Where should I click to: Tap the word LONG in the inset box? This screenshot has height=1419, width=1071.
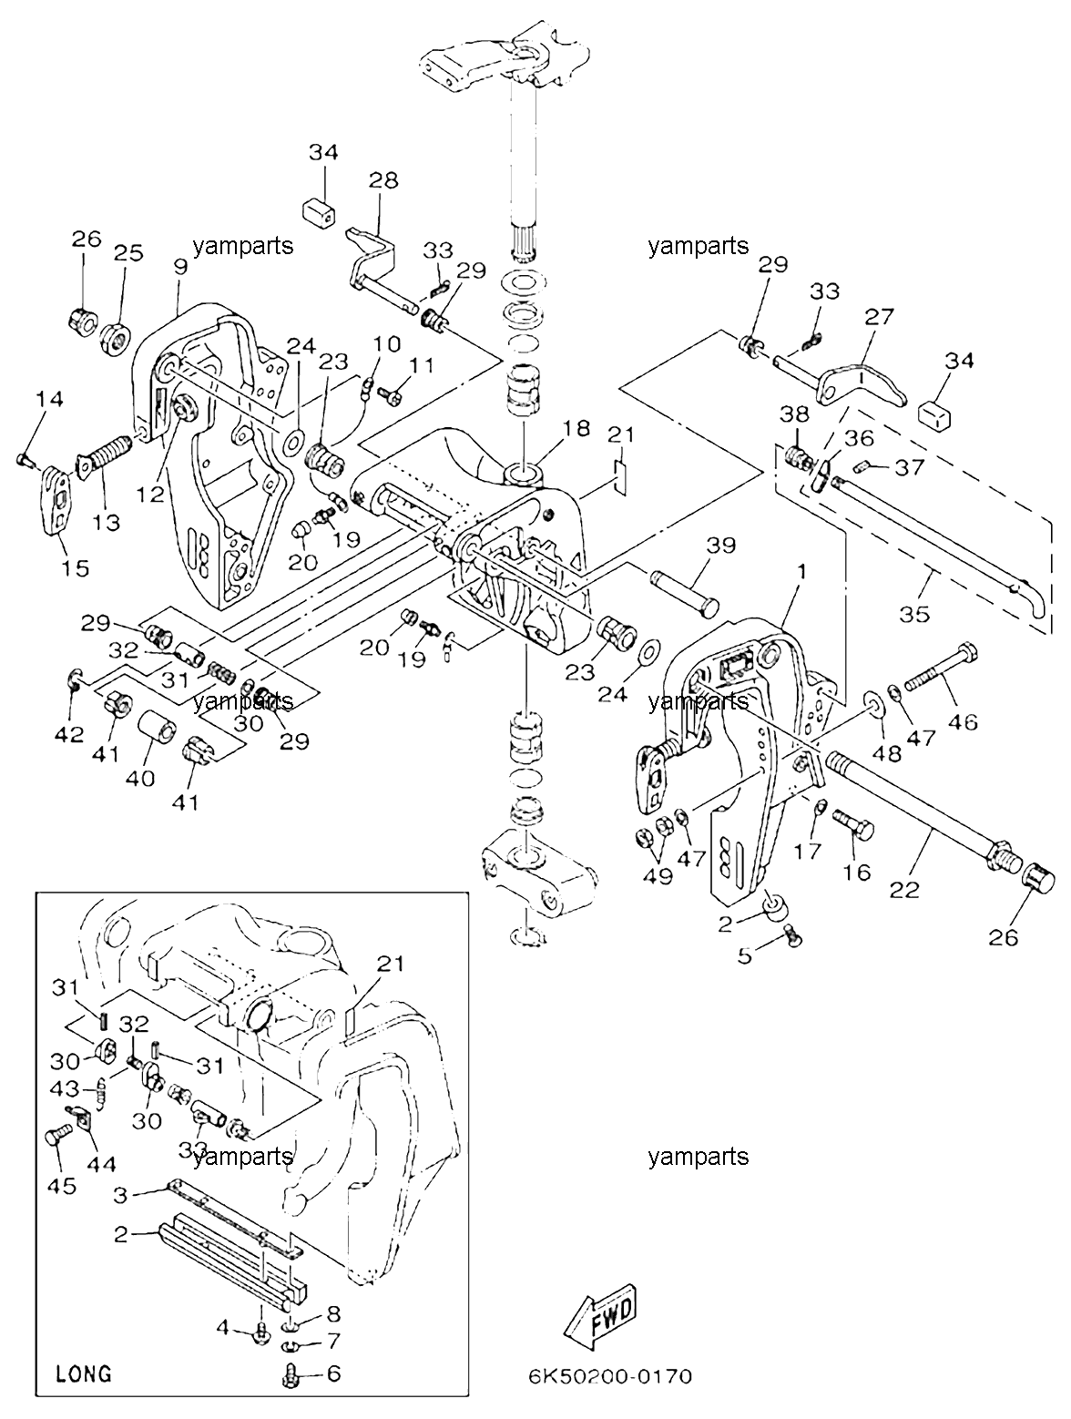84,1373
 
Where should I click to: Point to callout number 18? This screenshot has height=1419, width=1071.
576,427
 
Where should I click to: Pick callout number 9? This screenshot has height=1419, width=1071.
180,266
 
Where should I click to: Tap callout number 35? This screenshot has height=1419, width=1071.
914,614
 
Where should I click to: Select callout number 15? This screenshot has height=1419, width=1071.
75,568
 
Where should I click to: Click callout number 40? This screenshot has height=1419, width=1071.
140,778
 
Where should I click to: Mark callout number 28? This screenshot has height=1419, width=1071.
384,179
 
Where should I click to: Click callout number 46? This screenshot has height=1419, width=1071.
963,720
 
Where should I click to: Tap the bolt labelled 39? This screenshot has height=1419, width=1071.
685,590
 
